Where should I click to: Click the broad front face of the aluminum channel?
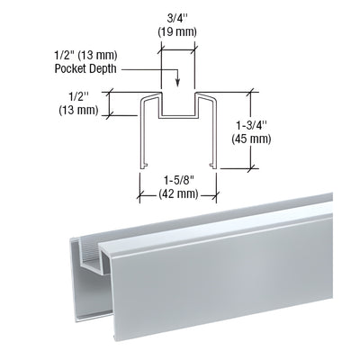tap(225, 279)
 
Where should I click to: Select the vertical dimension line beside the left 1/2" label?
tap(110, 103)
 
